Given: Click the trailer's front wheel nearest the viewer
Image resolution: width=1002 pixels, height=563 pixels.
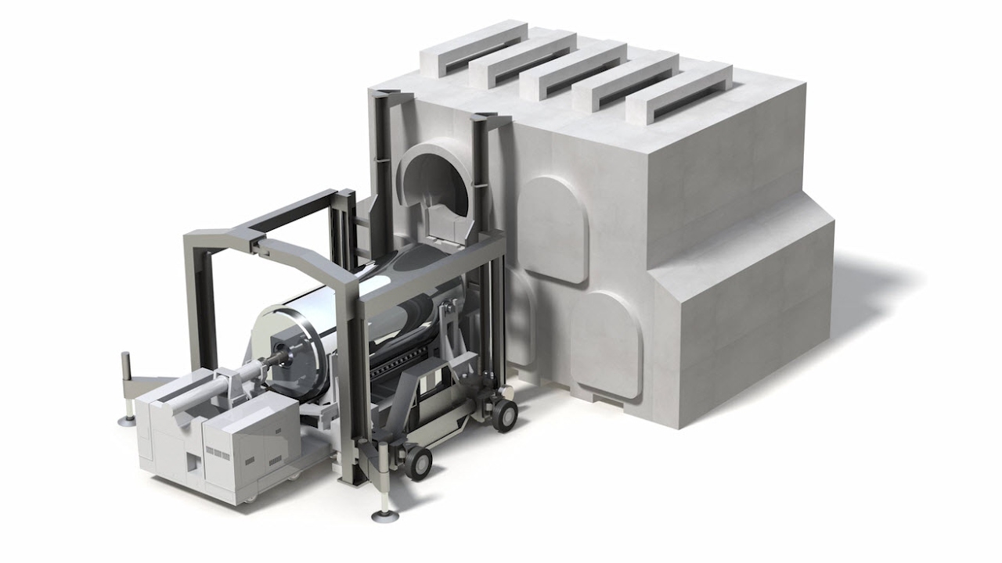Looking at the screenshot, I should pos(417,462).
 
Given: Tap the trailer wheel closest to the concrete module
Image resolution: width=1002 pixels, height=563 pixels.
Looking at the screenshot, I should pos(504,414).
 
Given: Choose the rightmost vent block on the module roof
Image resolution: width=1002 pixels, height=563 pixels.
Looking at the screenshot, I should pos(679,93).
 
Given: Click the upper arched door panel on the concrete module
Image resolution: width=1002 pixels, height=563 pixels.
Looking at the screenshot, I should pos(553,228).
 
